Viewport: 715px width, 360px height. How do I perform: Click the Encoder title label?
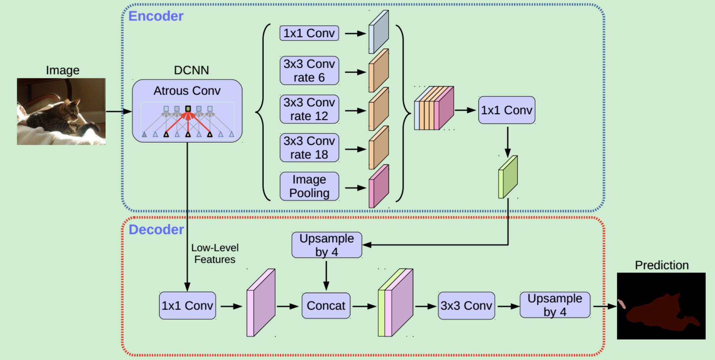click(156, 16)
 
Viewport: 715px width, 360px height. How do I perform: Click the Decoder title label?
click(156, 230)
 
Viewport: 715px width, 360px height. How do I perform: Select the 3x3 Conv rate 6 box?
click(309, 71)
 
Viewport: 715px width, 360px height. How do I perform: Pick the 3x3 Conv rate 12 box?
click(309, 109)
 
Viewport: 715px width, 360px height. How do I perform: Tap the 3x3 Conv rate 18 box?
click(309, 148)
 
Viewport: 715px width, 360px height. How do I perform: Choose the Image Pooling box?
click(309, 186)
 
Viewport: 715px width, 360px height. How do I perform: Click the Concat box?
click(326, 306)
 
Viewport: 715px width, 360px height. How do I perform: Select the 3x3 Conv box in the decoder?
click(466, 306)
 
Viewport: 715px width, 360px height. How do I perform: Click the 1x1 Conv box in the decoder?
click(187, 306)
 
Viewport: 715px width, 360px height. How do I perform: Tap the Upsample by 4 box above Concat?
click(327, 245)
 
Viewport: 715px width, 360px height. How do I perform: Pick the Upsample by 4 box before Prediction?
click(555, 305)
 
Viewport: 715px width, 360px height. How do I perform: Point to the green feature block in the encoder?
click(508, 177)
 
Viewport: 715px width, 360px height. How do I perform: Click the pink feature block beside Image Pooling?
click(379, 186)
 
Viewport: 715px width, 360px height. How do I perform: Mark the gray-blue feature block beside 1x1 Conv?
click(379, 32)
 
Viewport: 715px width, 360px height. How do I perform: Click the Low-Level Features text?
click(215, 253)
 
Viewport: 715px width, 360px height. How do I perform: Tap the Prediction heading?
click(661, 265)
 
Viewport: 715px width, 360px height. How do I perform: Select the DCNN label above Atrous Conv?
click(191, 70)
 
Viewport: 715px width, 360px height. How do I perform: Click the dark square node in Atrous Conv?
click(188, 109)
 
